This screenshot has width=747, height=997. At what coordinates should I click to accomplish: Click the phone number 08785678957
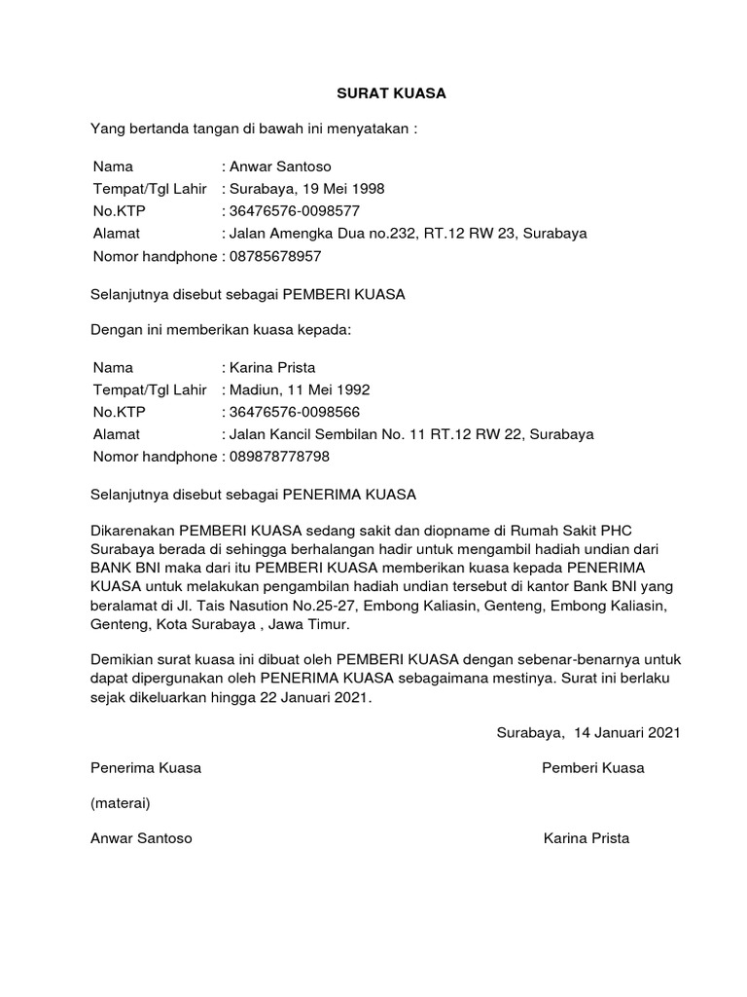[273, 256]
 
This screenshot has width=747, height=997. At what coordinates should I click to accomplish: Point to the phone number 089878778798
[277, 457]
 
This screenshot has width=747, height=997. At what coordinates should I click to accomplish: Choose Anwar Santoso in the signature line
[141, 838]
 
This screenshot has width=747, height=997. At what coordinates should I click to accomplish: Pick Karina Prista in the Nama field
[269, 367]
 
